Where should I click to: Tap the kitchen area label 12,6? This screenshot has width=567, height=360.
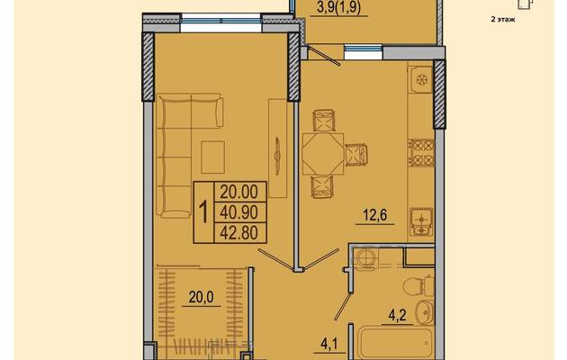pos(375,215)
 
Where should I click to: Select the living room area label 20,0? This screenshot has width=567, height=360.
pos(201,297)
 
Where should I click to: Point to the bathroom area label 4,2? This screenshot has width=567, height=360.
pos(398,316)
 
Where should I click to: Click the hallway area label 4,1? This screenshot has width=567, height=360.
pos(329,344)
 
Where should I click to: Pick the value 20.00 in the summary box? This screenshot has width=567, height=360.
pos(239,192)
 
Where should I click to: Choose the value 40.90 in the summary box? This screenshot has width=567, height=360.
pos(239,212)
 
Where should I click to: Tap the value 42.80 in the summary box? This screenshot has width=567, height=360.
pos(239,233)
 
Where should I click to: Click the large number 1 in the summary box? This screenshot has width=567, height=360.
pos(204,212)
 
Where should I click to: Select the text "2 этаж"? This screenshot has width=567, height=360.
pos(502,20)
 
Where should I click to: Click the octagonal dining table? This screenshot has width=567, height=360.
pos(323,154)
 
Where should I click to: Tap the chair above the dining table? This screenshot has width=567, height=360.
pos(324,121)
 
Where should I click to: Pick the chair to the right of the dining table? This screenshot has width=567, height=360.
pos(356,155)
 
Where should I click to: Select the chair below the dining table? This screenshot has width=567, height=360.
pos(322,187)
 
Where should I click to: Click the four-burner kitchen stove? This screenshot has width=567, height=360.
pos(421,152)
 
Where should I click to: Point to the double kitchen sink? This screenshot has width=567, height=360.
pos(421,221)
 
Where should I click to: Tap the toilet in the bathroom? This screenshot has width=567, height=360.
pos(418,286)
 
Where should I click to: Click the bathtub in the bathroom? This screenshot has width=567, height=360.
pos(395,343)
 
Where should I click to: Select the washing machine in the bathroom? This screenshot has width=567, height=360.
pos(366,259)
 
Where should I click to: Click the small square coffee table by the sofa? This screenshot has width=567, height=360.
pos(212,157)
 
